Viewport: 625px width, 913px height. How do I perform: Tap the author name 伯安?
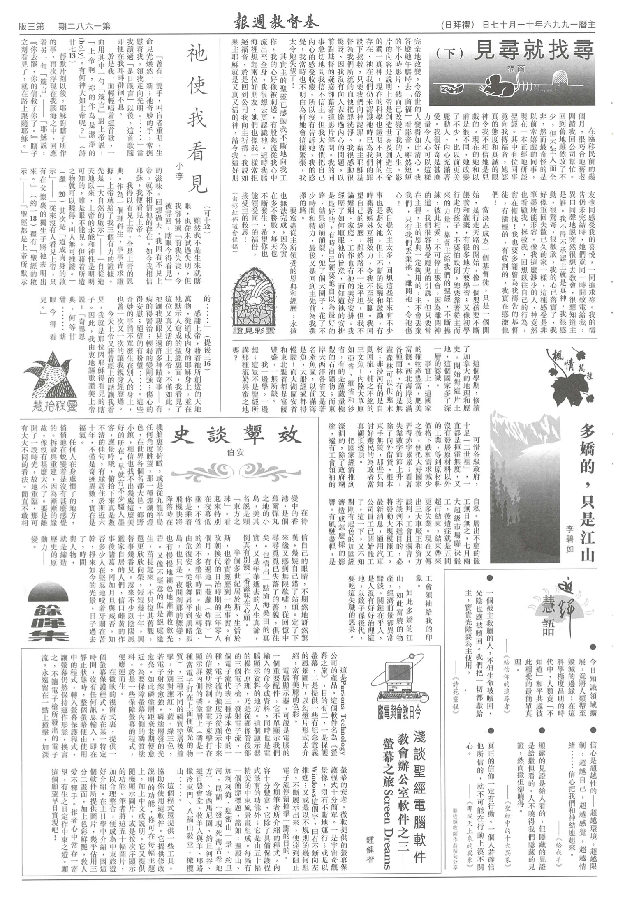235,453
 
